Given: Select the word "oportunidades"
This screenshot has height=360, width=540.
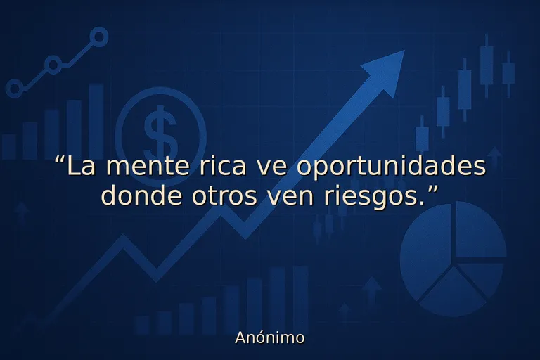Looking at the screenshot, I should point(391,168).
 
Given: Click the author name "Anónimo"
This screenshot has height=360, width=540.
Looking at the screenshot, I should point(270,337).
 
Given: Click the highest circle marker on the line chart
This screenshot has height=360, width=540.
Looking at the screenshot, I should point(99,37).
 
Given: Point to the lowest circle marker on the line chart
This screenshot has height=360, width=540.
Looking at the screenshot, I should point(14,89).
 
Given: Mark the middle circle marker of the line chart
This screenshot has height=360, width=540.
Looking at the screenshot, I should point(53,65).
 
